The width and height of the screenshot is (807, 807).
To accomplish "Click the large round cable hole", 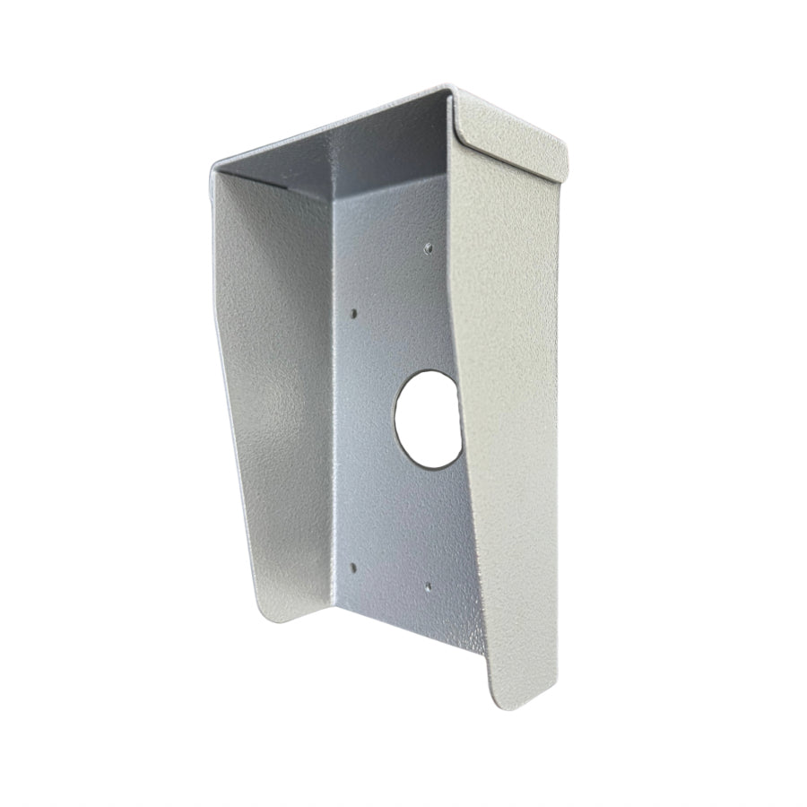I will point(429,419).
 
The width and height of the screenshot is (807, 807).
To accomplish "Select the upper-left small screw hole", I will point(353,314).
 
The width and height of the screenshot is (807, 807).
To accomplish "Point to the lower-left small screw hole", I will point(353,568).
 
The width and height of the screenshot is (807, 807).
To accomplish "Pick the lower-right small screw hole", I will point(428,587).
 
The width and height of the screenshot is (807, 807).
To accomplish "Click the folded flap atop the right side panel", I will point(511,134).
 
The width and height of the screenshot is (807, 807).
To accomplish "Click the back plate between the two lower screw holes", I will point(390,578).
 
